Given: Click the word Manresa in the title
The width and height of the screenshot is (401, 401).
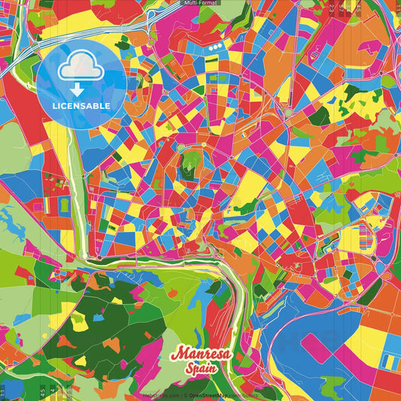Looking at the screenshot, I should coord(201,354).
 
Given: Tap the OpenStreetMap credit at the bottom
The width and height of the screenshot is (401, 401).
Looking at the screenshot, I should coord(219,395).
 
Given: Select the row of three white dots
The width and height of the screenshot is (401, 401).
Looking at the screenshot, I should coord(217,47).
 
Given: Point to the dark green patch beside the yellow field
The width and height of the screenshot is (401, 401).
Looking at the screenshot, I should coord(320,115).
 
